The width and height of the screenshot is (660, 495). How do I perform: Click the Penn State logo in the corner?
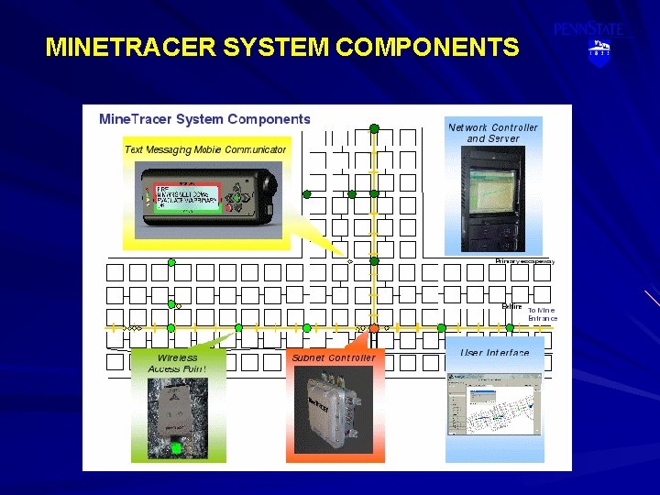pyautogui.click(x=590, y=41)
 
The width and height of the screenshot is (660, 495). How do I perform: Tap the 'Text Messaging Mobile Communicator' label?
pyautogui.click(x=205, y=149)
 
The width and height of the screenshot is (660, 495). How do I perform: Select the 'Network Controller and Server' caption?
pyautogui.click(x=492, y=133)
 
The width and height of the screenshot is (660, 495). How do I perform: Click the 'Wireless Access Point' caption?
pyautogui.click(x=177, y=363)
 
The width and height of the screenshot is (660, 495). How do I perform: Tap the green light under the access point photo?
pyautogui.click(x=177, y=448)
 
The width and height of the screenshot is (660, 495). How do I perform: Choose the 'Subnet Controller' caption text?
pyautogui.click(x=333, y=357)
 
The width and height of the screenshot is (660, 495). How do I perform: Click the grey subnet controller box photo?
pyautogui.click(x=333, y=409)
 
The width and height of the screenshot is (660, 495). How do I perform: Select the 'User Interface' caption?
pyautogui.click(x=494, y=353)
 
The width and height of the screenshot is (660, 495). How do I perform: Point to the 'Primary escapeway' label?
pyautogui.click(x=524, y=261)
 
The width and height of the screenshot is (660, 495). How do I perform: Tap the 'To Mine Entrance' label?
pyautogui.click(x=541, y=313)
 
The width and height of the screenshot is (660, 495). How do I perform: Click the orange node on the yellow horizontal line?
pyautogui.click(x=374, y=327)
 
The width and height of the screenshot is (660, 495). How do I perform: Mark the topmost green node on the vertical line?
pyautogui.click(x=374, y=128)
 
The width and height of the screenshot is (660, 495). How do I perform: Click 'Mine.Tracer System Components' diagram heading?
pyautogui.click(x=204, y=119)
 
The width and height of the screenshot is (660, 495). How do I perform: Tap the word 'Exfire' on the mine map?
pyautogui.click(x=511, y=306)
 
